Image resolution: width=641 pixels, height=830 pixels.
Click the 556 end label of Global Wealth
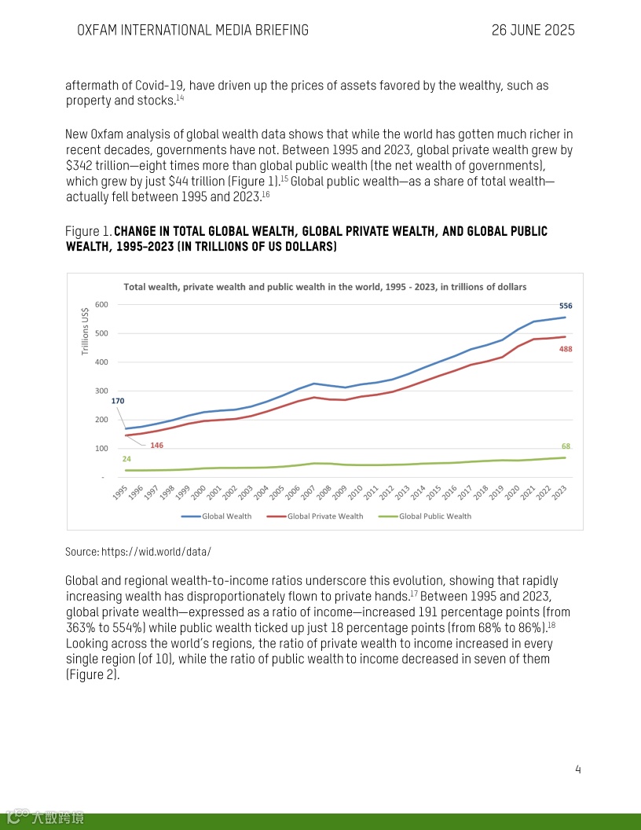click(x=566, y=305)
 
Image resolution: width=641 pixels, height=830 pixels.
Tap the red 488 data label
click(x=566, y=349)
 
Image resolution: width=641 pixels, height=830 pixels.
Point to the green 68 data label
click(x=566, y=446)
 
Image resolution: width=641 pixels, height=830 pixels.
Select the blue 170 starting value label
click(x=118, y=401)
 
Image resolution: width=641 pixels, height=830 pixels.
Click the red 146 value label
click(x=156, y=446)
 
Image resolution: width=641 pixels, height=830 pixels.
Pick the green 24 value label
click(x=126, y=458)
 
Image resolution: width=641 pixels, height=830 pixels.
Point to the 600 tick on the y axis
click(x=101, y=305)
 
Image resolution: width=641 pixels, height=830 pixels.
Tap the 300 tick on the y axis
click(x=101, y=391)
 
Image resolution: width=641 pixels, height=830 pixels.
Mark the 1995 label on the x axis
click(x=120, y=493)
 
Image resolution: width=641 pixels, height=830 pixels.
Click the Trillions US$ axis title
click(x=85, y=330)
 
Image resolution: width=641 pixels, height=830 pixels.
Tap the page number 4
click(x=578, y=769)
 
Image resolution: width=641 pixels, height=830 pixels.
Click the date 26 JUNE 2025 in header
click(x=533, y=31)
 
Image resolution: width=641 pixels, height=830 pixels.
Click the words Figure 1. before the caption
click(x=88, y=232)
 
